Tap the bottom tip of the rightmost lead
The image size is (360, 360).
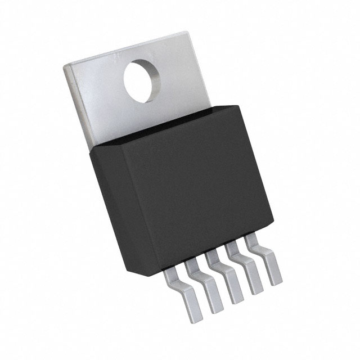pyautogui.click(x=276, y=281)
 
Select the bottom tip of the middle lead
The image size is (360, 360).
pyautogui.click(x=231, y=299)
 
